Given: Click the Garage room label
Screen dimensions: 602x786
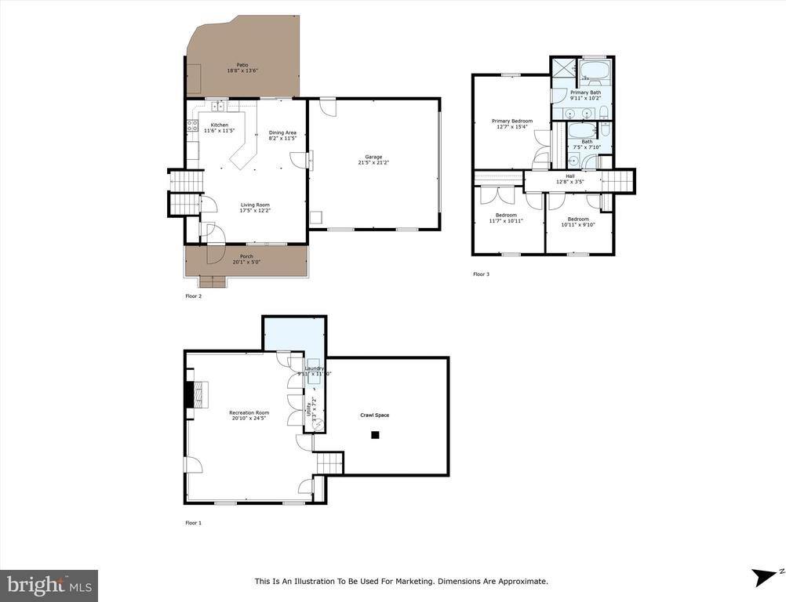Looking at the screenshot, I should (x=373, y=157).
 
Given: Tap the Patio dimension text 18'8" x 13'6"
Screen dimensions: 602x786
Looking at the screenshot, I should (x=242, y=71).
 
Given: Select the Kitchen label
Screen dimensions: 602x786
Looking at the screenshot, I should (x=219, y=125).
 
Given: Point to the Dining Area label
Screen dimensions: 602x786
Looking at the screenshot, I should (x=282, y=132).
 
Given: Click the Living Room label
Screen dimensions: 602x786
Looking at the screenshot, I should (x=254, y=205).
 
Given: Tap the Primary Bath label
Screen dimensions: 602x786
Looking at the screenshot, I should (x=585, y=92).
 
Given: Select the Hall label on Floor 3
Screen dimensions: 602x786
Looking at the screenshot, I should (x=570, y=176).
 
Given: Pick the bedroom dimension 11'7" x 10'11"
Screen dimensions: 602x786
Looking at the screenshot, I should (x=506, y=221).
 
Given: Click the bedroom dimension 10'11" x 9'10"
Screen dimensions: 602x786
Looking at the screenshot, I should (x=578, y=225).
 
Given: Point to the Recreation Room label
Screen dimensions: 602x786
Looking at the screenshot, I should (x=249, y=412).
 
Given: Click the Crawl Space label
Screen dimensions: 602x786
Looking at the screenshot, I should (x=374, y=415).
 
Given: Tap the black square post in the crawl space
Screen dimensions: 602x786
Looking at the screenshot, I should (x=375, y=434).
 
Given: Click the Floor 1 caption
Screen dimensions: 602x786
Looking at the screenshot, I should (x=193, y=523).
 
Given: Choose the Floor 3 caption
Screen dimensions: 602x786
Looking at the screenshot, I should (x=481, y=274).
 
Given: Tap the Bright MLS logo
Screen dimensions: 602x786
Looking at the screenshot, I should (x=49, y=585).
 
